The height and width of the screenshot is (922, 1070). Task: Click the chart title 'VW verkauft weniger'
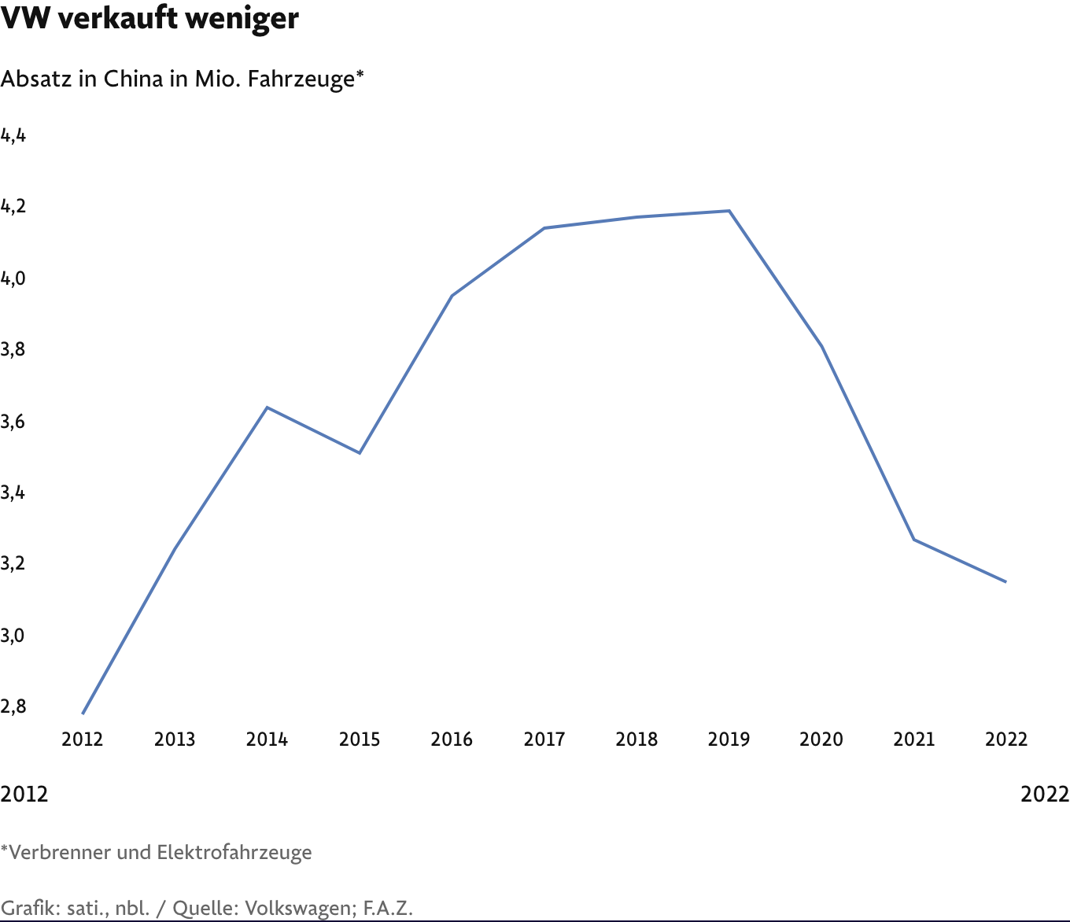149,19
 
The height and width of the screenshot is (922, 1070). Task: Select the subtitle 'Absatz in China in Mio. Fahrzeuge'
182,79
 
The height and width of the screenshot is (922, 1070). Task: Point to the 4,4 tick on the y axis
13,136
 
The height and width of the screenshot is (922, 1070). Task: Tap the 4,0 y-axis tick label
13,278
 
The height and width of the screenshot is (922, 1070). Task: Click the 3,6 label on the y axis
13,422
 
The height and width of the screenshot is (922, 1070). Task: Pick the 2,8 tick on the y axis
13,706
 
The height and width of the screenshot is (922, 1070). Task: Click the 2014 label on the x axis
267,739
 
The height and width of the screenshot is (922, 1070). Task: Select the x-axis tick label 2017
544,739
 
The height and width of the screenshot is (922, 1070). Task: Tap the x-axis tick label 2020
821,739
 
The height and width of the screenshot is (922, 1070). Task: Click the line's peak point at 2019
729,211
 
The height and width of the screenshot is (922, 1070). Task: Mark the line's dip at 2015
360,453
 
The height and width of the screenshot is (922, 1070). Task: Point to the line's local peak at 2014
267,408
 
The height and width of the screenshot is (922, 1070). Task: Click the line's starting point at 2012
83,714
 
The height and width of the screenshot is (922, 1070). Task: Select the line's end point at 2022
1006,582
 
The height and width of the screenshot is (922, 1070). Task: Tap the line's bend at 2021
914,540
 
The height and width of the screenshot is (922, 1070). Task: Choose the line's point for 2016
452,296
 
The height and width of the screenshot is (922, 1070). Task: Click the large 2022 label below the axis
1045,795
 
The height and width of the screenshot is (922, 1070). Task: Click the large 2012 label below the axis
24,795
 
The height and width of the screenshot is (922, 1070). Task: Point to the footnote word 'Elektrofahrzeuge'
234,852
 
